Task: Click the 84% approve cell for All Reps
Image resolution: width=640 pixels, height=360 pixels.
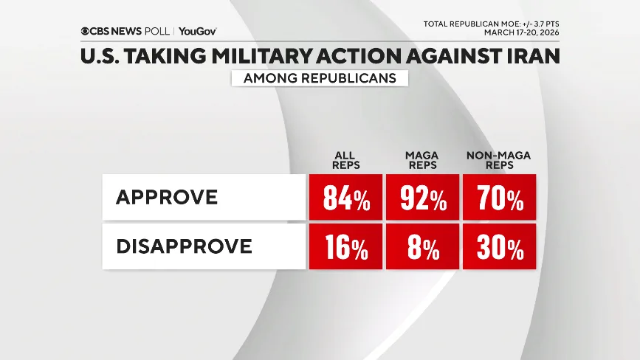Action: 345,197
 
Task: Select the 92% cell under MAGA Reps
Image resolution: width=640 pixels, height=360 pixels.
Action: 422,197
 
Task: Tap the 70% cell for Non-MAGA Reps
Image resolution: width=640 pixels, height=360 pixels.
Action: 499,197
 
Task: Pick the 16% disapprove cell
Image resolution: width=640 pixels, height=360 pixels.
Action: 345,246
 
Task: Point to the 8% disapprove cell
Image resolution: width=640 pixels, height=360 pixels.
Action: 422,246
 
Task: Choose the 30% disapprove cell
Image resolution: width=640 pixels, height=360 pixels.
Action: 499,246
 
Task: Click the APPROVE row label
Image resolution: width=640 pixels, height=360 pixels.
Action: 167,197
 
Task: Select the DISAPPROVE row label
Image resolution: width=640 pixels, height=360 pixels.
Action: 184,246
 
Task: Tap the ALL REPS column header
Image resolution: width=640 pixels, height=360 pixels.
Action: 345,160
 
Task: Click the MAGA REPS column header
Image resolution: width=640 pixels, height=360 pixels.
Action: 422,160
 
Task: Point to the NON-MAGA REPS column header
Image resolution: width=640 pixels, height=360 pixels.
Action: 499,160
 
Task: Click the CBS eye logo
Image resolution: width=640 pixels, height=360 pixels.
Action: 86,32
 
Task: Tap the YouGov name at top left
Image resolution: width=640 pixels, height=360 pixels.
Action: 197,32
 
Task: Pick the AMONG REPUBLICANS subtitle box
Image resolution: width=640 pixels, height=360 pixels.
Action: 320,78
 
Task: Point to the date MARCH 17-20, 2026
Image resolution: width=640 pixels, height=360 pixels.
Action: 522,32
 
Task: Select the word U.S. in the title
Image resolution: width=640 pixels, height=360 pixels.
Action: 100,57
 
